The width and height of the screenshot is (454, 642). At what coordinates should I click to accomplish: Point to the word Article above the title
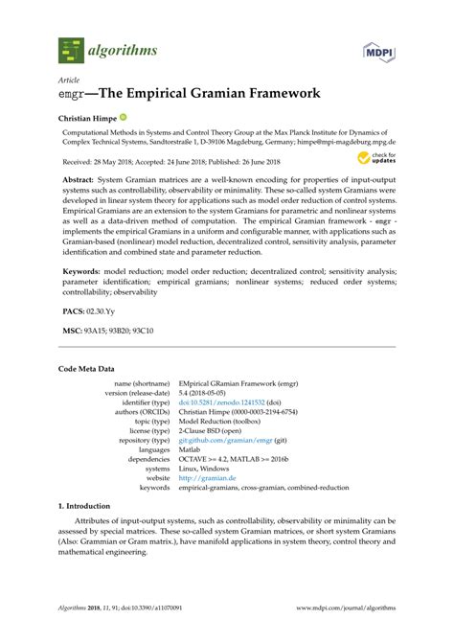(x=70, y=81)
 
